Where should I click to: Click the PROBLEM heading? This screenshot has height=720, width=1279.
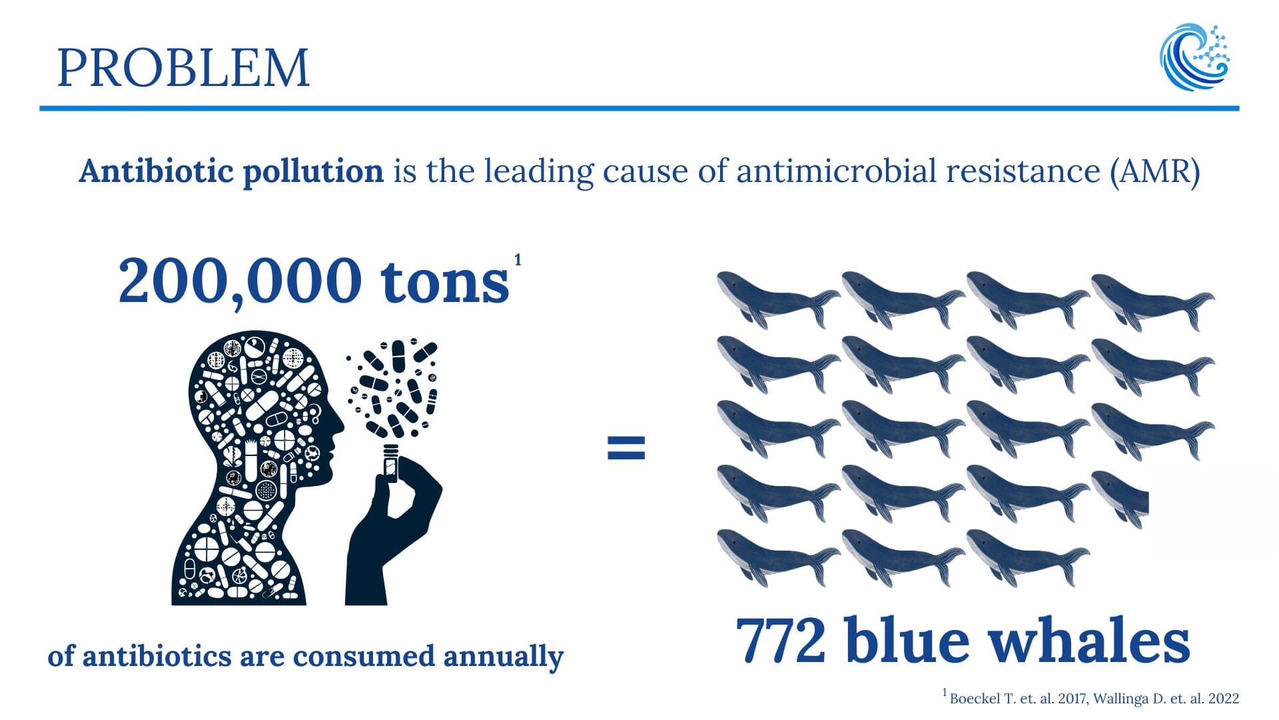pos(183,68)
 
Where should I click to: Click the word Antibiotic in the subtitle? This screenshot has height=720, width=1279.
pos(155,171)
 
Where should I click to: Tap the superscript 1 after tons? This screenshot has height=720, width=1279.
pos(518,259)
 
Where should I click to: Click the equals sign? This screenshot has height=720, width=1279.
pos(626,448)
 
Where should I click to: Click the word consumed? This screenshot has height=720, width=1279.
pos(364,656)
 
